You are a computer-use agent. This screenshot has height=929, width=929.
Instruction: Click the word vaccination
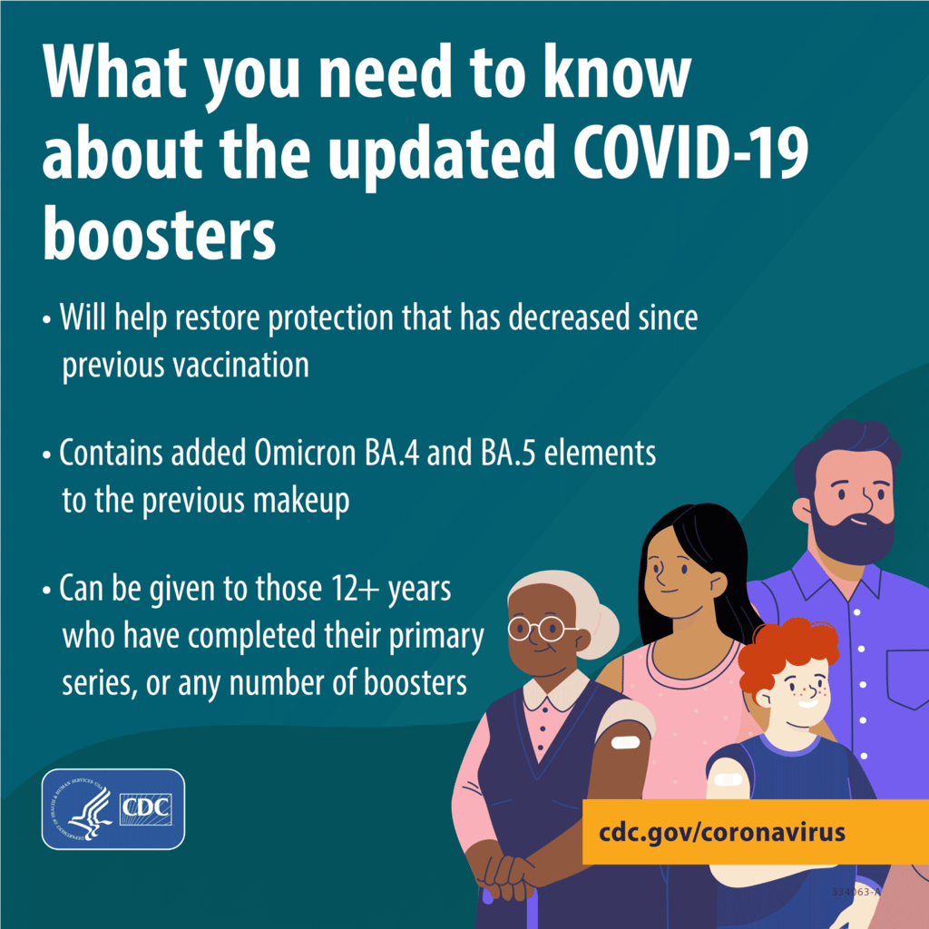[240, 365]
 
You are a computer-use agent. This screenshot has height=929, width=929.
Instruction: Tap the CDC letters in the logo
[146, 808]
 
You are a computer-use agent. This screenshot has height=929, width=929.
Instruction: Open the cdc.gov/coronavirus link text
[721, 832]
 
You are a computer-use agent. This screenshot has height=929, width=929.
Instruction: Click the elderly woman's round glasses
[540, 628]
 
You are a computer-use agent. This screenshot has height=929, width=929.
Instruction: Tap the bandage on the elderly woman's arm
[625, 742]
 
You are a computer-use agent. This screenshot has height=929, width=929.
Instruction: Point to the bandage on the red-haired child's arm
[729, 779]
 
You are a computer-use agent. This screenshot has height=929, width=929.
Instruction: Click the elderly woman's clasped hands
[508, 871]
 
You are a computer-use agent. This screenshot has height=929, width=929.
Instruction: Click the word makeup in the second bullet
[301, 501]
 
